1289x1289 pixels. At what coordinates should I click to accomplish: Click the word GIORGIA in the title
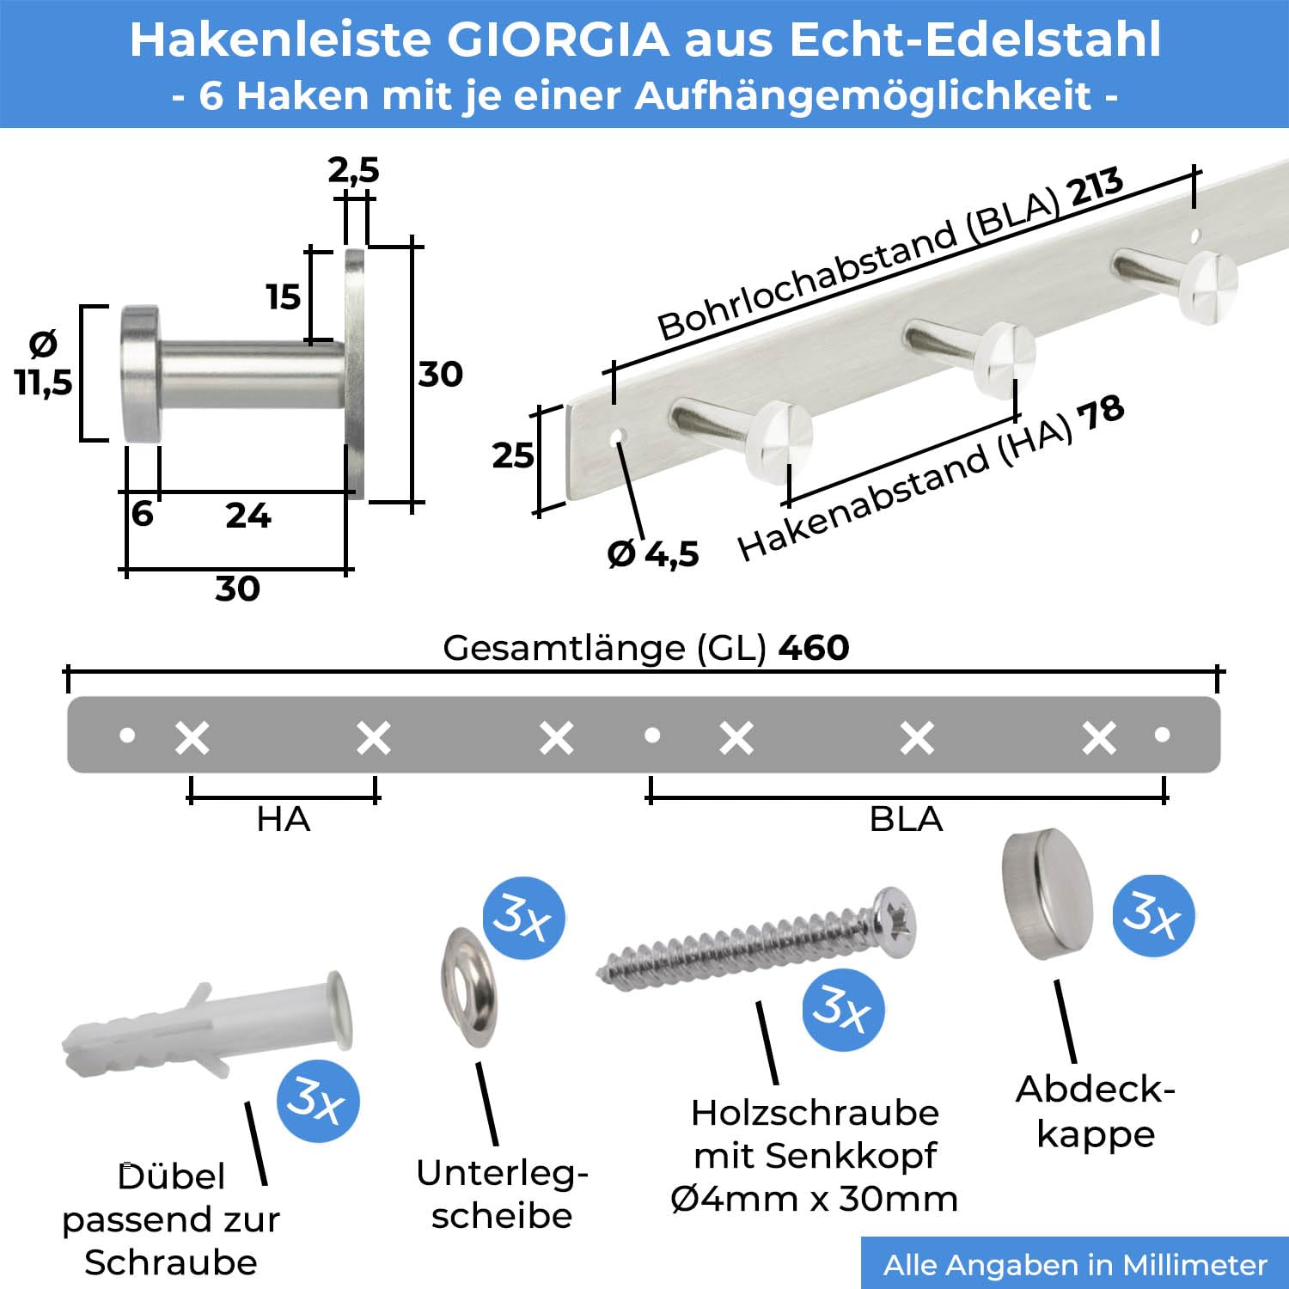coord(559,40)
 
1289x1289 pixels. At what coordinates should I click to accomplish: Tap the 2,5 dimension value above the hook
coord(353,171)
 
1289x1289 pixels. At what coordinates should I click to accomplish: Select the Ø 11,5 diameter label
coord(43,363)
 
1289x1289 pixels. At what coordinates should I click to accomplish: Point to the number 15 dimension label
coord(283,297)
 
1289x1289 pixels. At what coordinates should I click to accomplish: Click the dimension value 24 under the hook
coord(248,516)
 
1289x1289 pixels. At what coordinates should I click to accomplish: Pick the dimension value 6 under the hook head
coord(143,513)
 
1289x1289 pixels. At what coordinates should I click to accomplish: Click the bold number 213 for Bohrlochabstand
coord(1095,187)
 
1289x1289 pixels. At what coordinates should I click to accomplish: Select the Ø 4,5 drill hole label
coord(653,554)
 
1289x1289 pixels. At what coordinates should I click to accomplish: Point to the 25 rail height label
coord(513,455)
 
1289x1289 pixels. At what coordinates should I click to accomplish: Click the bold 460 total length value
coord(814,647)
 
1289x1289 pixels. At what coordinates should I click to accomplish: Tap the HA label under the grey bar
coord(283,819)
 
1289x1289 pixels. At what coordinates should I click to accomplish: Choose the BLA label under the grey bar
coord(906,819)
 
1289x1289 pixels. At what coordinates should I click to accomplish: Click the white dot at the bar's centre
coord(652,735)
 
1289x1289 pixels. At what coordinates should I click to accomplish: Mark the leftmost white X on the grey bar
coord(192,737)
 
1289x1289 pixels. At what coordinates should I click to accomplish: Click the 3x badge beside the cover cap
coord(1153,914)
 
